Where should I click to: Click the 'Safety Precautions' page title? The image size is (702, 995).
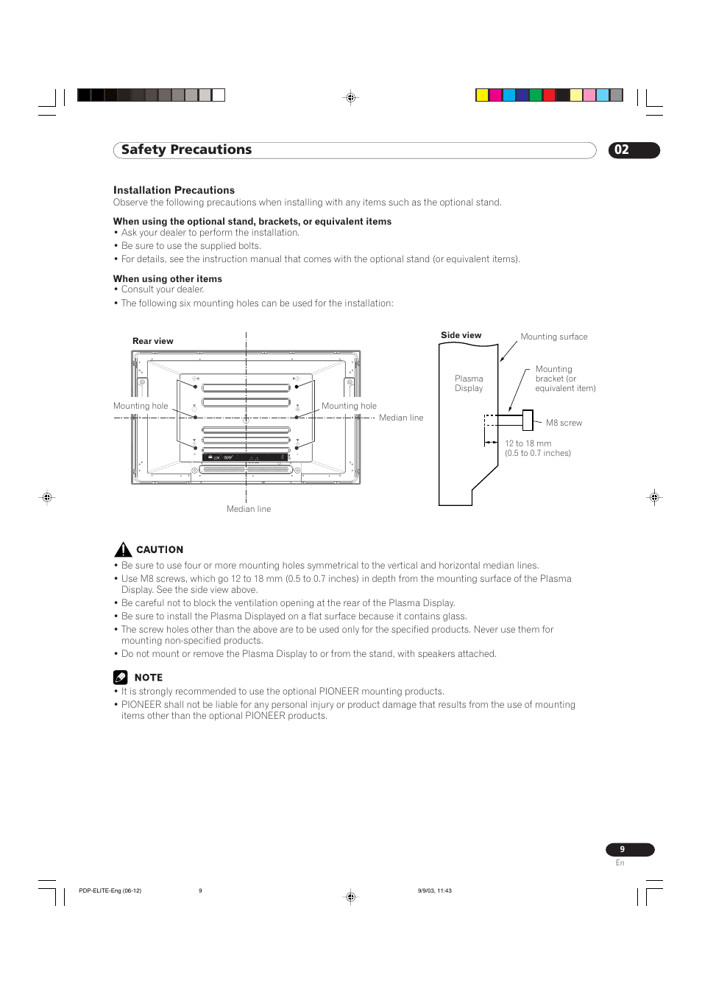click(x=186, y=150)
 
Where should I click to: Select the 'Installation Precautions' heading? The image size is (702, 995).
click(x=174, y=190)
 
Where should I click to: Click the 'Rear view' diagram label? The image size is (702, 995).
click(x=153, y=341)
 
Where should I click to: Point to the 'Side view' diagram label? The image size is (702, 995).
click(x=461, y=335)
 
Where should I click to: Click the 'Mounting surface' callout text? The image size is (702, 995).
click(x=553, y=337)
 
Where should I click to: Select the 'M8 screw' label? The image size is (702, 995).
click(x=564, y=423)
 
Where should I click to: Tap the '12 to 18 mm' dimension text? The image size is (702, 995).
click(x=528, y=443)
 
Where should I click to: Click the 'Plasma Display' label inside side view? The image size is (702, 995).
click(x=469, y=383)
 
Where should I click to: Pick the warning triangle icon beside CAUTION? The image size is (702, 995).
click(x=123, y=549)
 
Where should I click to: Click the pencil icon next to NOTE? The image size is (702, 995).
click(x=121, y=677)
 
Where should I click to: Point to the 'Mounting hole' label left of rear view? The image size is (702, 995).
click(x=141, y=406)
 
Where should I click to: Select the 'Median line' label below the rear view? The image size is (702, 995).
click(x=249, y=509)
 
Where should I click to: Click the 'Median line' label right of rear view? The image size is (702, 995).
click(x=401, y=418)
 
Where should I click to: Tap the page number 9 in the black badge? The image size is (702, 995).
click(x=623, y=849)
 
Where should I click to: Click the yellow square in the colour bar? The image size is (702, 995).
click(x=482, y=95)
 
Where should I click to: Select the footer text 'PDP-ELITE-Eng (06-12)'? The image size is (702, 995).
click(x=110, y=890)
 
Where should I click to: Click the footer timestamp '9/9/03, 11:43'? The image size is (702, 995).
click(x=434, y=890)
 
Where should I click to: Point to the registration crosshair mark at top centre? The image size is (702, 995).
click(x=351, y=97)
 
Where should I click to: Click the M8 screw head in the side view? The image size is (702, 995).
click(x=528, y=420)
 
